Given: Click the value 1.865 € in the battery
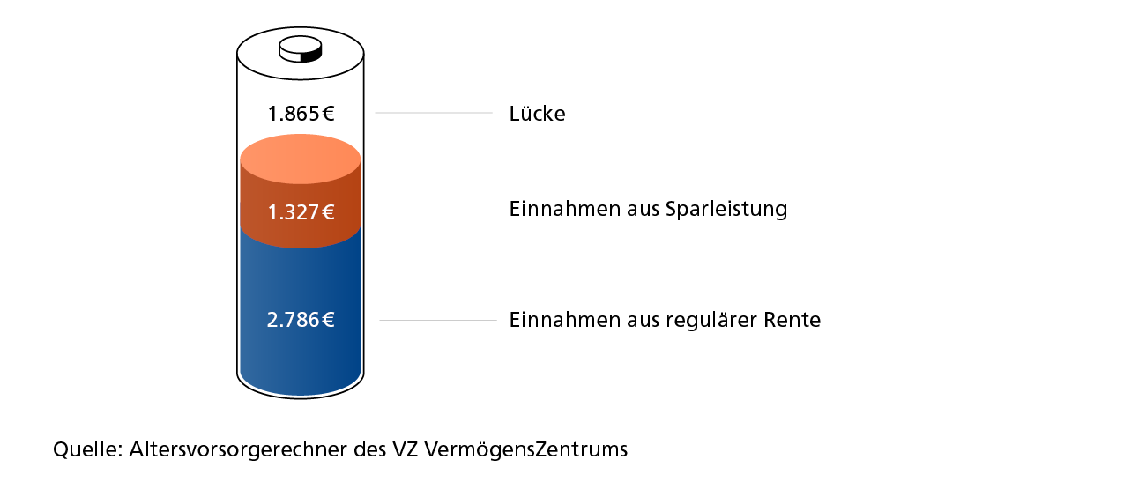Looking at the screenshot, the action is (301, 114).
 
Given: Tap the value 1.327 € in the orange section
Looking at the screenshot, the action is (301, 212).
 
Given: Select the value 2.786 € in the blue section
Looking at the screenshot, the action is (301, 320).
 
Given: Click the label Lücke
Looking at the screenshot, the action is (537, 114).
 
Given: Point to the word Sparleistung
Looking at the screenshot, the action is (726, 210).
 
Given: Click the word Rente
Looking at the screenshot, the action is (792, 320).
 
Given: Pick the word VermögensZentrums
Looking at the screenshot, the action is (526, 449).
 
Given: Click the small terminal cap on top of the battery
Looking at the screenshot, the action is (301, 49).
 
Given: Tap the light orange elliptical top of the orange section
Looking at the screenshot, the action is (301, 159).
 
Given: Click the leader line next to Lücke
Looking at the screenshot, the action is (434, 113).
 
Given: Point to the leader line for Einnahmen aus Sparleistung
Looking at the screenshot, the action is (434, 211).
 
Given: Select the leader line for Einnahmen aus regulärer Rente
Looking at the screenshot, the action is (438, 321).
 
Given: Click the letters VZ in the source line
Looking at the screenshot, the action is (406, 449).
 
